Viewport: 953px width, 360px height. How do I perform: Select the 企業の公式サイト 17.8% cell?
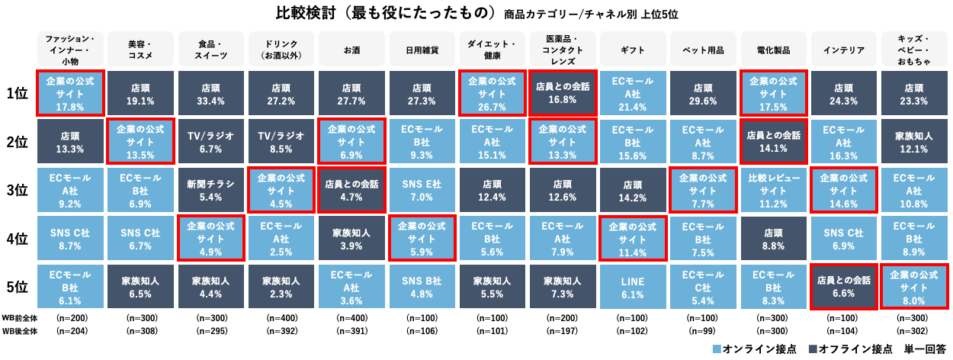[x=69, y=93]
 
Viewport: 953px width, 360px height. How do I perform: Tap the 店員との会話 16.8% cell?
[x=563, y=93]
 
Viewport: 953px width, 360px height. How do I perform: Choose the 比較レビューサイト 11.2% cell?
[x=775, y=190]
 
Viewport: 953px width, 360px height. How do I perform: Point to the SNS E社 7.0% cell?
[x=422, y=190]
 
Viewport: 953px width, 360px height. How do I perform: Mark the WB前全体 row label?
[x=20, y=317]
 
